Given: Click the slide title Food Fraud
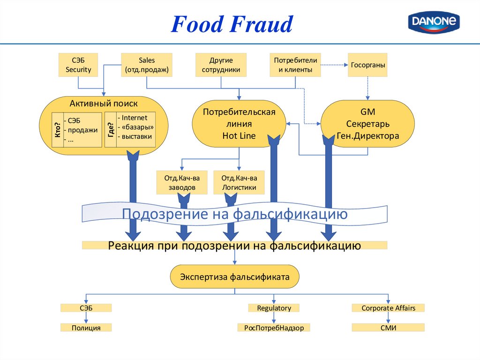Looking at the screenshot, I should [x=232, y=24].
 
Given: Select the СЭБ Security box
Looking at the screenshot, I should [x=78, y=65].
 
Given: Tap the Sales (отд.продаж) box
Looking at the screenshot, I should [x=147, y=65].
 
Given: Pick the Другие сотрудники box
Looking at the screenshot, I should [x=221, y=65].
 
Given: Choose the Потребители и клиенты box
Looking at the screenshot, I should [x=295, y=65].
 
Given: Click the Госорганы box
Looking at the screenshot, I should [x=368, y=65].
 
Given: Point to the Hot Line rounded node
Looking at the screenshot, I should [x=239, y=124].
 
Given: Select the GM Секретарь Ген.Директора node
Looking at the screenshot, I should [x=367, y=124].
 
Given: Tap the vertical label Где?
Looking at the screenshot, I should [x=111, y=129].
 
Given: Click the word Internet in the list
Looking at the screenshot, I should [x=135, y=118].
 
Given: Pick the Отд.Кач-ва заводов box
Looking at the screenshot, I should [x=182, y=182].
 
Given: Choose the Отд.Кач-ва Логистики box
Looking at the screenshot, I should [x=239, y=182].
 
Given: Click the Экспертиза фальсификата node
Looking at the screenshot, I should [x=234, y=277].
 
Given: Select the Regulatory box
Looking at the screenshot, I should [x=274, y=308].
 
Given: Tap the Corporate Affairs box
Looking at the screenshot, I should [x=388, y=308].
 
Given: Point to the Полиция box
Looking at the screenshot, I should [x=86, y=328].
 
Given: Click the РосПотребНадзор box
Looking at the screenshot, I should [x=274, y=328].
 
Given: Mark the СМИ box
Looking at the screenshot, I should [x=388, y=328].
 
